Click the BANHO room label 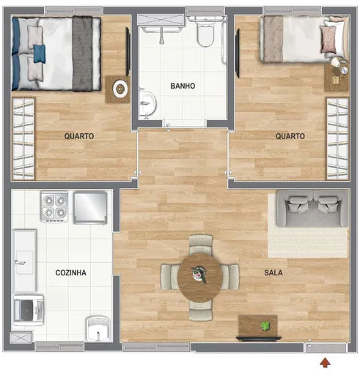[x=183, y=86]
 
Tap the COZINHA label [x=70, y=272]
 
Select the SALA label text [x=273, y=272]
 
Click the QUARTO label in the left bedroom [x=78, y=135]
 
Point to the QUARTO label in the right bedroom [x=290, y=135]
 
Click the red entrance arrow [x=325, y=362]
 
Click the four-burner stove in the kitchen [x=54, y=206]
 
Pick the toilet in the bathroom [x=204, y=31]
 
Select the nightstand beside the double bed [x=117, y=89]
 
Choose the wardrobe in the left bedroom [x=23, y=138]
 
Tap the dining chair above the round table [x=199, y=243]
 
